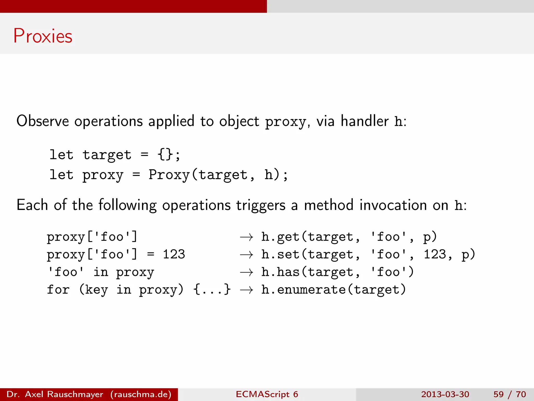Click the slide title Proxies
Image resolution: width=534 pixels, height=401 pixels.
click(x=43, y=36)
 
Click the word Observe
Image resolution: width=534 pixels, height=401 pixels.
click(x=43, y=121)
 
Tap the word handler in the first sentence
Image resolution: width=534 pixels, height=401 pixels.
click(x=365, y=121)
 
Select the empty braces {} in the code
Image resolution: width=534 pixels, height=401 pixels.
click(x=165, y=155)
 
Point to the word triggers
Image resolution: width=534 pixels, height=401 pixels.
click(x=261, y=205)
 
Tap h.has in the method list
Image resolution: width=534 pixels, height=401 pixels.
click(x=281, y=272)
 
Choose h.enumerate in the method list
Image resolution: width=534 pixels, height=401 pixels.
click(x=304, y=290)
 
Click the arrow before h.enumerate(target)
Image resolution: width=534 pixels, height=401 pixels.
click(x=246, y=290)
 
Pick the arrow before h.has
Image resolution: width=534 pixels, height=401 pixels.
click(x=246, y=273)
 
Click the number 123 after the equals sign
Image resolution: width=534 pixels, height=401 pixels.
click(x=174, y=255)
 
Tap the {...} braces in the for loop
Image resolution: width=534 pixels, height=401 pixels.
click(x=212, y=290)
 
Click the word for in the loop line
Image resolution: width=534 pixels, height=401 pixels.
click(x=58, y=290)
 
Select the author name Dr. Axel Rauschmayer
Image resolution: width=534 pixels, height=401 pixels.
click(x=55, y=394)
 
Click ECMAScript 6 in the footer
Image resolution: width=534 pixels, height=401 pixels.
click(x=267, y=394)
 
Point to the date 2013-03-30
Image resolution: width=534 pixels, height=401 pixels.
click(x=445, y=394)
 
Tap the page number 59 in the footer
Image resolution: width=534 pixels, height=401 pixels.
click(x=499, y=394)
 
